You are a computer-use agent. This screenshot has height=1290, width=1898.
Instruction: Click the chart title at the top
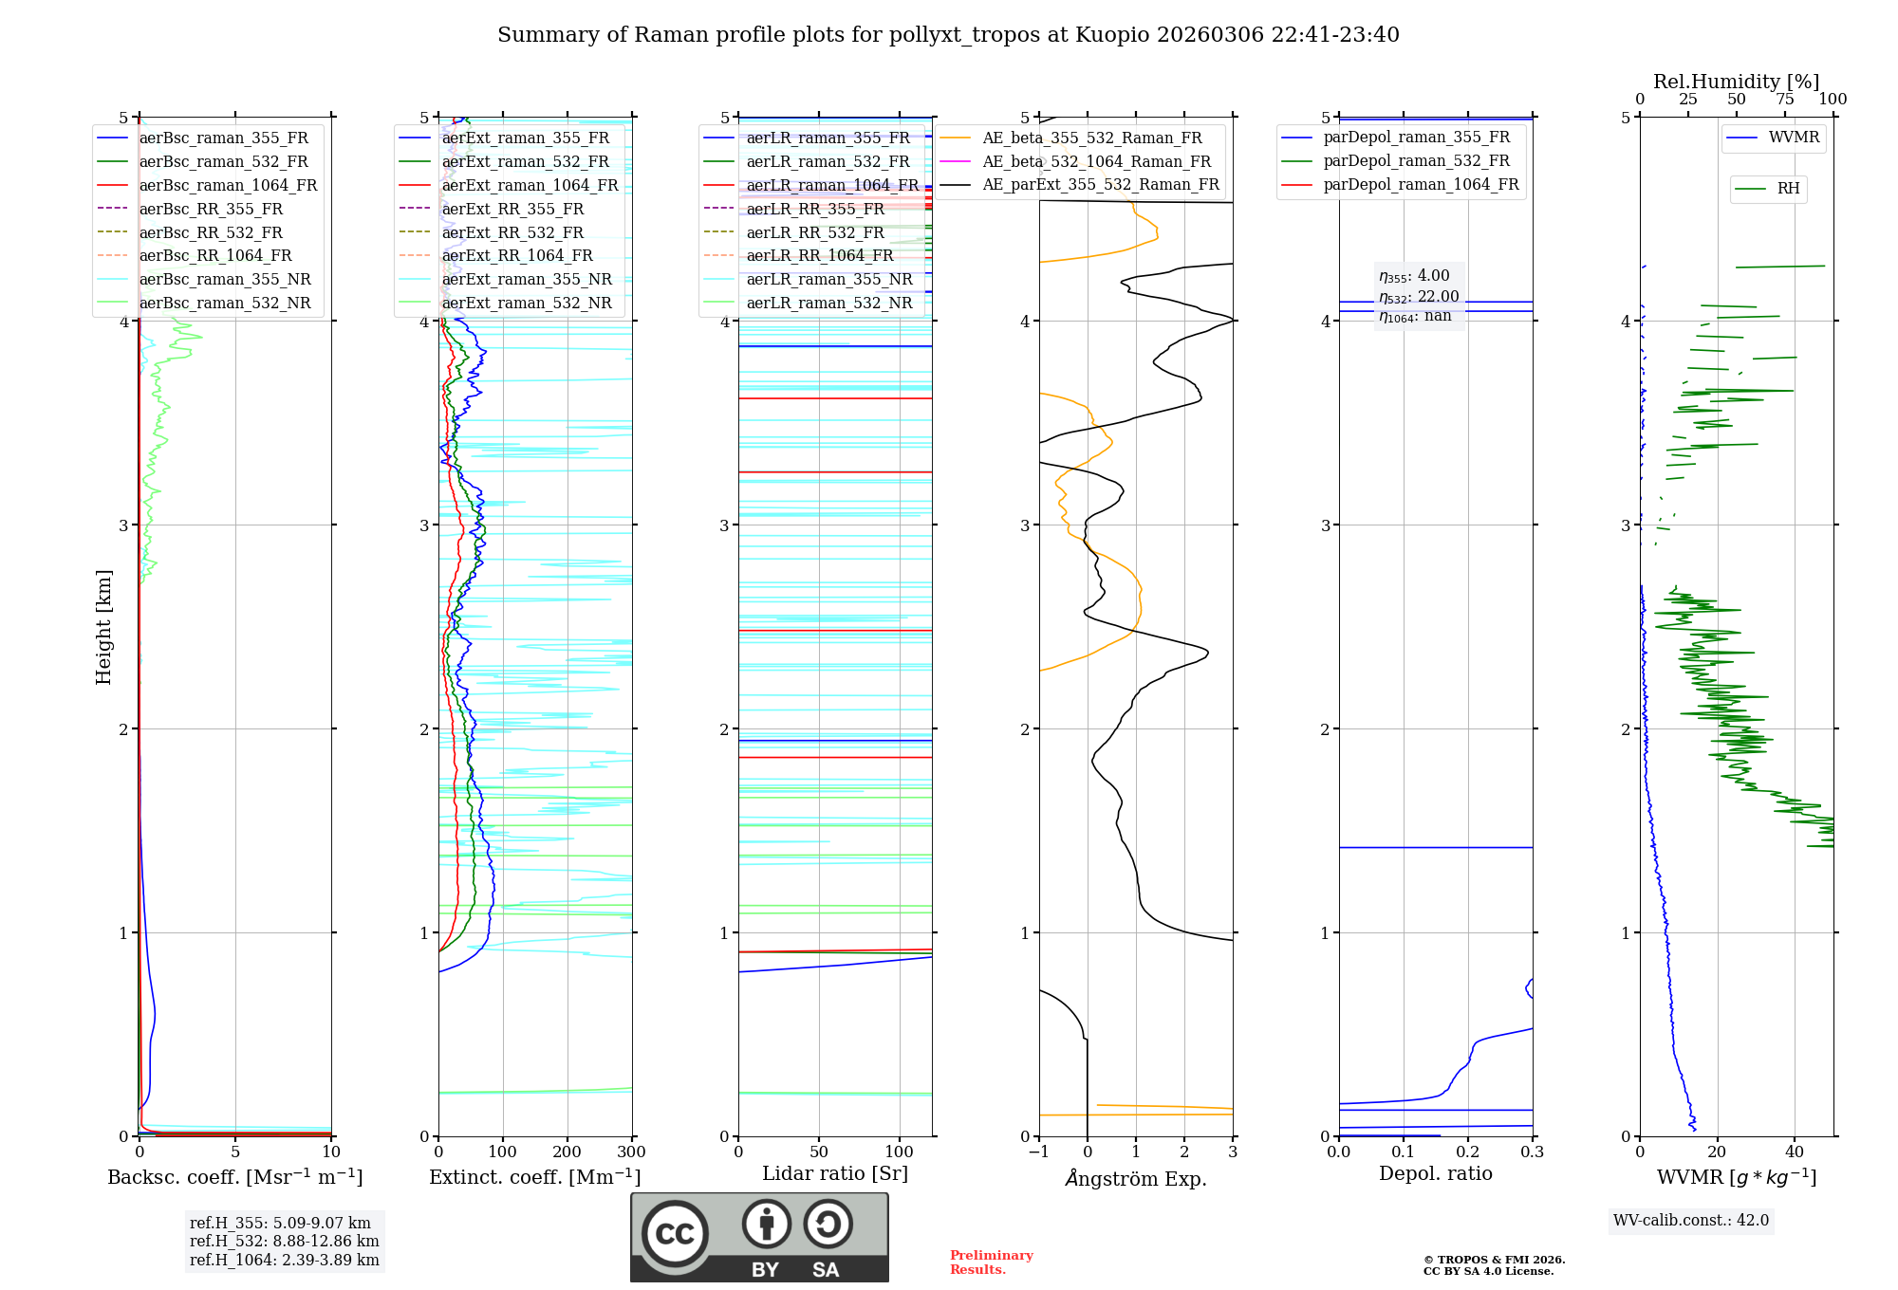point(948,35)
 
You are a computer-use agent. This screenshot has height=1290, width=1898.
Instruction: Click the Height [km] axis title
point(103,626)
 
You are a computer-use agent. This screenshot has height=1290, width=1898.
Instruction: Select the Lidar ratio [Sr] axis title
point(835,1173)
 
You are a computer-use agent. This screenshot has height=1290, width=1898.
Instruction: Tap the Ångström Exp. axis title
point(1136,1178)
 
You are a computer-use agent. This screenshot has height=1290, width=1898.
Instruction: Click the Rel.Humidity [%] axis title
point(1736,82)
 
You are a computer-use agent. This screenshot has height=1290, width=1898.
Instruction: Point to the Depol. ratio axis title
point(1435,1173)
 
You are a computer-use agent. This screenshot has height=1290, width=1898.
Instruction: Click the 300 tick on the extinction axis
point(632,1152)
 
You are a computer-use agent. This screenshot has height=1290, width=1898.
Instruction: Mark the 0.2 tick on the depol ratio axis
point(1468,1152)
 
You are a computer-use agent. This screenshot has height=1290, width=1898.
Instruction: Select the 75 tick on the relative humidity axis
point(1784,100)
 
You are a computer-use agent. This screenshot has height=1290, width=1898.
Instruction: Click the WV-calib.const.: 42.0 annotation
point(1691,1220)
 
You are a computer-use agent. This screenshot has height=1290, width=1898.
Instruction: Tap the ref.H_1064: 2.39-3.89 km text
point(284,1260)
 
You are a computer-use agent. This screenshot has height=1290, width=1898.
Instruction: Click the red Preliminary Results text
point(991,1262)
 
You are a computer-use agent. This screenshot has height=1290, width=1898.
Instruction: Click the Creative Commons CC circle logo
point(675,1233)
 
